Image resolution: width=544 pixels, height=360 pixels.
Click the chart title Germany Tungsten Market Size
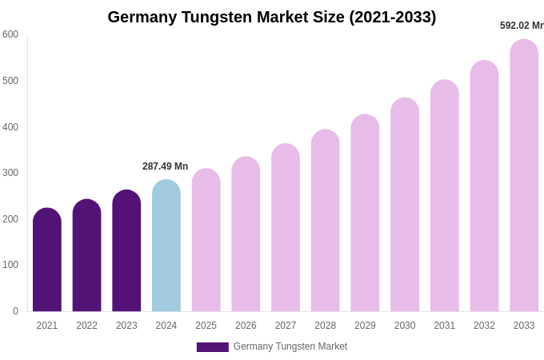point(272,17)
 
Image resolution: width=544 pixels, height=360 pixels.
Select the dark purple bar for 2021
point(47,260)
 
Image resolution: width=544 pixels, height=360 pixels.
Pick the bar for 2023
point(126,251)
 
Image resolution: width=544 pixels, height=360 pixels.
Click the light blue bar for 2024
point(166,246)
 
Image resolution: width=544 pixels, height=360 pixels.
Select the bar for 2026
point(246,234)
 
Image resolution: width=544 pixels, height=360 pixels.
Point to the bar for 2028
point(326,221)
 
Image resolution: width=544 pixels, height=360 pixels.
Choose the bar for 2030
point(405,205)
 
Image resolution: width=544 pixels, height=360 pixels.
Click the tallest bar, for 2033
point(524,176)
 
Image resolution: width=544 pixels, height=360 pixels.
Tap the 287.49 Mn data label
point(166,166)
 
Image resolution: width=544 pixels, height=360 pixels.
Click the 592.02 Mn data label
point(522,26)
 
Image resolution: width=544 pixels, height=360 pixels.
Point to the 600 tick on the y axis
point(10,34)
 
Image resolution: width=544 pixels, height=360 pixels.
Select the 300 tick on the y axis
point(10,173)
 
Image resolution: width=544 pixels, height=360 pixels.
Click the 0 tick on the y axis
point(15,311)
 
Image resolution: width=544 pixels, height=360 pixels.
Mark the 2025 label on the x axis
point(206,326)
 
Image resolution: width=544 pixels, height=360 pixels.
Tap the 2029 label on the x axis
point(365,326)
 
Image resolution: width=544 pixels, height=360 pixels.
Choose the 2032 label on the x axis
point(484,326)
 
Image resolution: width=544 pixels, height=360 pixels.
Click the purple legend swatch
point(213,347)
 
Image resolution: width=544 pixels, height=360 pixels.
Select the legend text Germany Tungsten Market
point(290,346)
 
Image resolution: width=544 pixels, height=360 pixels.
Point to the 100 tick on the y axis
point(10,265)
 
